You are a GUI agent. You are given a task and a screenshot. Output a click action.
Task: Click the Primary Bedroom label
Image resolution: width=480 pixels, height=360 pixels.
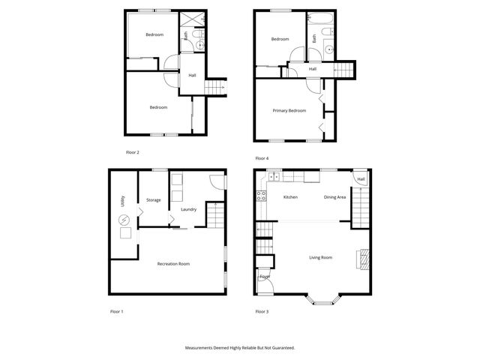coord(289,111)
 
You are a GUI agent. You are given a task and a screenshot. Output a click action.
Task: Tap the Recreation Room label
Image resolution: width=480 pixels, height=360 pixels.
coord(172,263)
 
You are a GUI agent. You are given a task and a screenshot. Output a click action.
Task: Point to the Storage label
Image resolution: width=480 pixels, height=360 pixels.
coord(153,199)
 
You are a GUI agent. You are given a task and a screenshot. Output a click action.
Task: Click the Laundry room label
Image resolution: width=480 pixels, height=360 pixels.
coord(188,209)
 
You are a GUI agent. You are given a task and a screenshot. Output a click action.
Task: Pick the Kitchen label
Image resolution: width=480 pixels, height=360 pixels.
coord(290,197)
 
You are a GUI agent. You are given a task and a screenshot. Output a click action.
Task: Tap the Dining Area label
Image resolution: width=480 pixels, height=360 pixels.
coord(334,197)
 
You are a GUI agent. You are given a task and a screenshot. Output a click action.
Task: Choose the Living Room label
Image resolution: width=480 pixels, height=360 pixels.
coord(320,257)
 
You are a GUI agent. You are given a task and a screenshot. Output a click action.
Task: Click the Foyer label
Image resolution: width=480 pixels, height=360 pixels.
coord(265,277)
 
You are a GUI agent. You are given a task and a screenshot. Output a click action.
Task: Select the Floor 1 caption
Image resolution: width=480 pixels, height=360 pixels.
coord(115,310)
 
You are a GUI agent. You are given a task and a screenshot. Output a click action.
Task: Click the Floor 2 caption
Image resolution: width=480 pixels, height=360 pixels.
coord(133,152)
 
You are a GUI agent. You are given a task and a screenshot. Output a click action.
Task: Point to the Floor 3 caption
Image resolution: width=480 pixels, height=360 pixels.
coord(261,310)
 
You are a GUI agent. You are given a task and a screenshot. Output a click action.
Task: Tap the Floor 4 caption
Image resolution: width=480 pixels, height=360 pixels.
coord(261,158)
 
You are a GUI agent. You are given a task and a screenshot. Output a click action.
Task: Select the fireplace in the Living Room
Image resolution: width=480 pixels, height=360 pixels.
coord(363,259)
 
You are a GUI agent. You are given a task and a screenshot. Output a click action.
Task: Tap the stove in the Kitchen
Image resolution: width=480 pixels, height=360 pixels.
coord(262,196)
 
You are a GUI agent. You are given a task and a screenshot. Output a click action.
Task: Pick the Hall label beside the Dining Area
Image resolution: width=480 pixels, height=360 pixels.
coord(361,179)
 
